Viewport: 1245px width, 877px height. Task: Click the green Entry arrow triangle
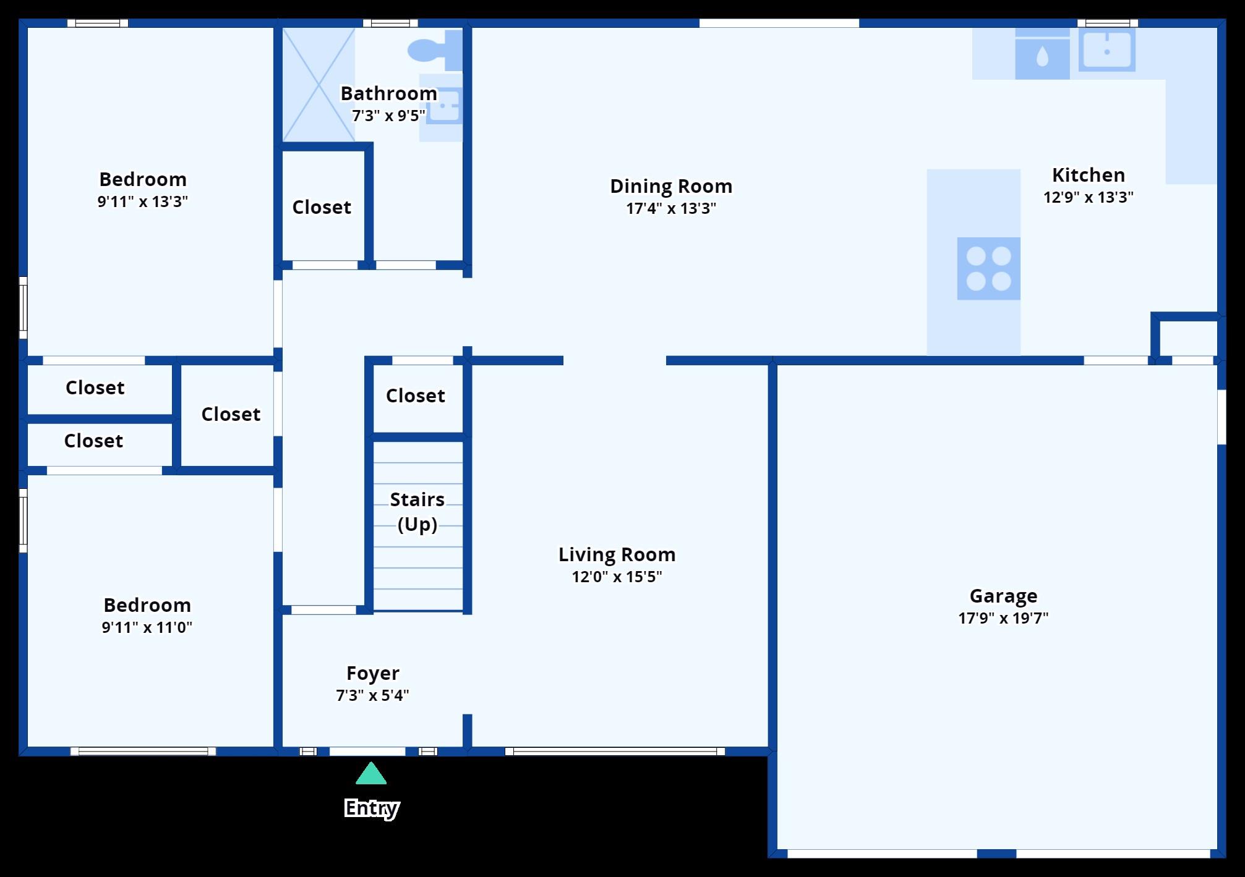click(371, 774)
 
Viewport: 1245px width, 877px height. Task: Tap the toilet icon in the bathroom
click(433, 50)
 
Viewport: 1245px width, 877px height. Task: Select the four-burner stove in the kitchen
click(988, 268)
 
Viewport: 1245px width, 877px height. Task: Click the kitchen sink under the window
click(1106, 50)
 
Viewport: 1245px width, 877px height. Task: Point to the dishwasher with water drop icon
click(1042, 57)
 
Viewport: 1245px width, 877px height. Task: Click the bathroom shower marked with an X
click(319, 84)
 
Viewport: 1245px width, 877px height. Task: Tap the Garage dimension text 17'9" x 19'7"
click(1003, 618)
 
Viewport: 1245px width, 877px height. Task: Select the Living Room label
click(617, 554)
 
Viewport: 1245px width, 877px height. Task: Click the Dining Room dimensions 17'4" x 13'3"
click(671, 208)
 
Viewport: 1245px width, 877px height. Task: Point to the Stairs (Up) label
click(417, 512)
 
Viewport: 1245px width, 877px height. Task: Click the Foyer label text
click(372, 673)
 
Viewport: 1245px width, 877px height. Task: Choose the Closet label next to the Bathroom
click(322, 207)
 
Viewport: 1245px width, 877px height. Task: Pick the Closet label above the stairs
click(415, 396)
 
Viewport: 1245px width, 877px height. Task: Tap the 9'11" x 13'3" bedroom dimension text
click(142, 201)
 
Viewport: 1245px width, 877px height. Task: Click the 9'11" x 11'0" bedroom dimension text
click(147, 627)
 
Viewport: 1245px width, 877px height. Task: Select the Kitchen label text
click(1088, 175)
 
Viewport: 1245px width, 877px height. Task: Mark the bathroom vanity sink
click(443, 106)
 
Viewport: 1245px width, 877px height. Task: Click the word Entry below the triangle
click(371, 808)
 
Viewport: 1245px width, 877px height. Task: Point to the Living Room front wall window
click(615, 752)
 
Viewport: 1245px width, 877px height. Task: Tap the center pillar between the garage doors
click(996, 854)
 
